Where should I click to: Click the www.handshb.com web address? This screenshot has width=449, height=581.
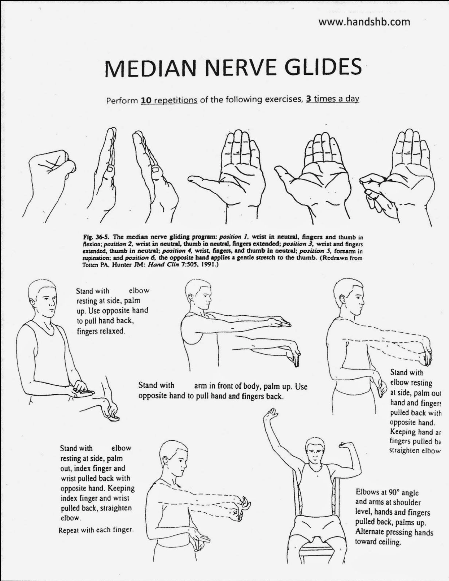click(364, 22)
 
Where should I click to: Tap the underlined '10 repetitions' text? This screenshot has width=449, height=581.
click(169, 100)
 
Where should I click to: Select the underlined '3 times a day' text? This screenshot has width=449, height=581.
click(333, 100)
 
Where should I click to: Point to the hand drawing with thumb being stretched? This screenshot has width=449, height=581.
click(393, 178)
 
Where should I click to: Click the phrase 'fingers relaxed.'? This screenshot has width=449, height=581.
click(101, 331)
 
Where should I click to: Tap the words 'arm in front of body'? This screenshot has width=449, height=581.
click(227, 386)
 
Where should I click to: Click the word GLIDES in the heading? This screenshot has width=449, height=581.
click(323, 68)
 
